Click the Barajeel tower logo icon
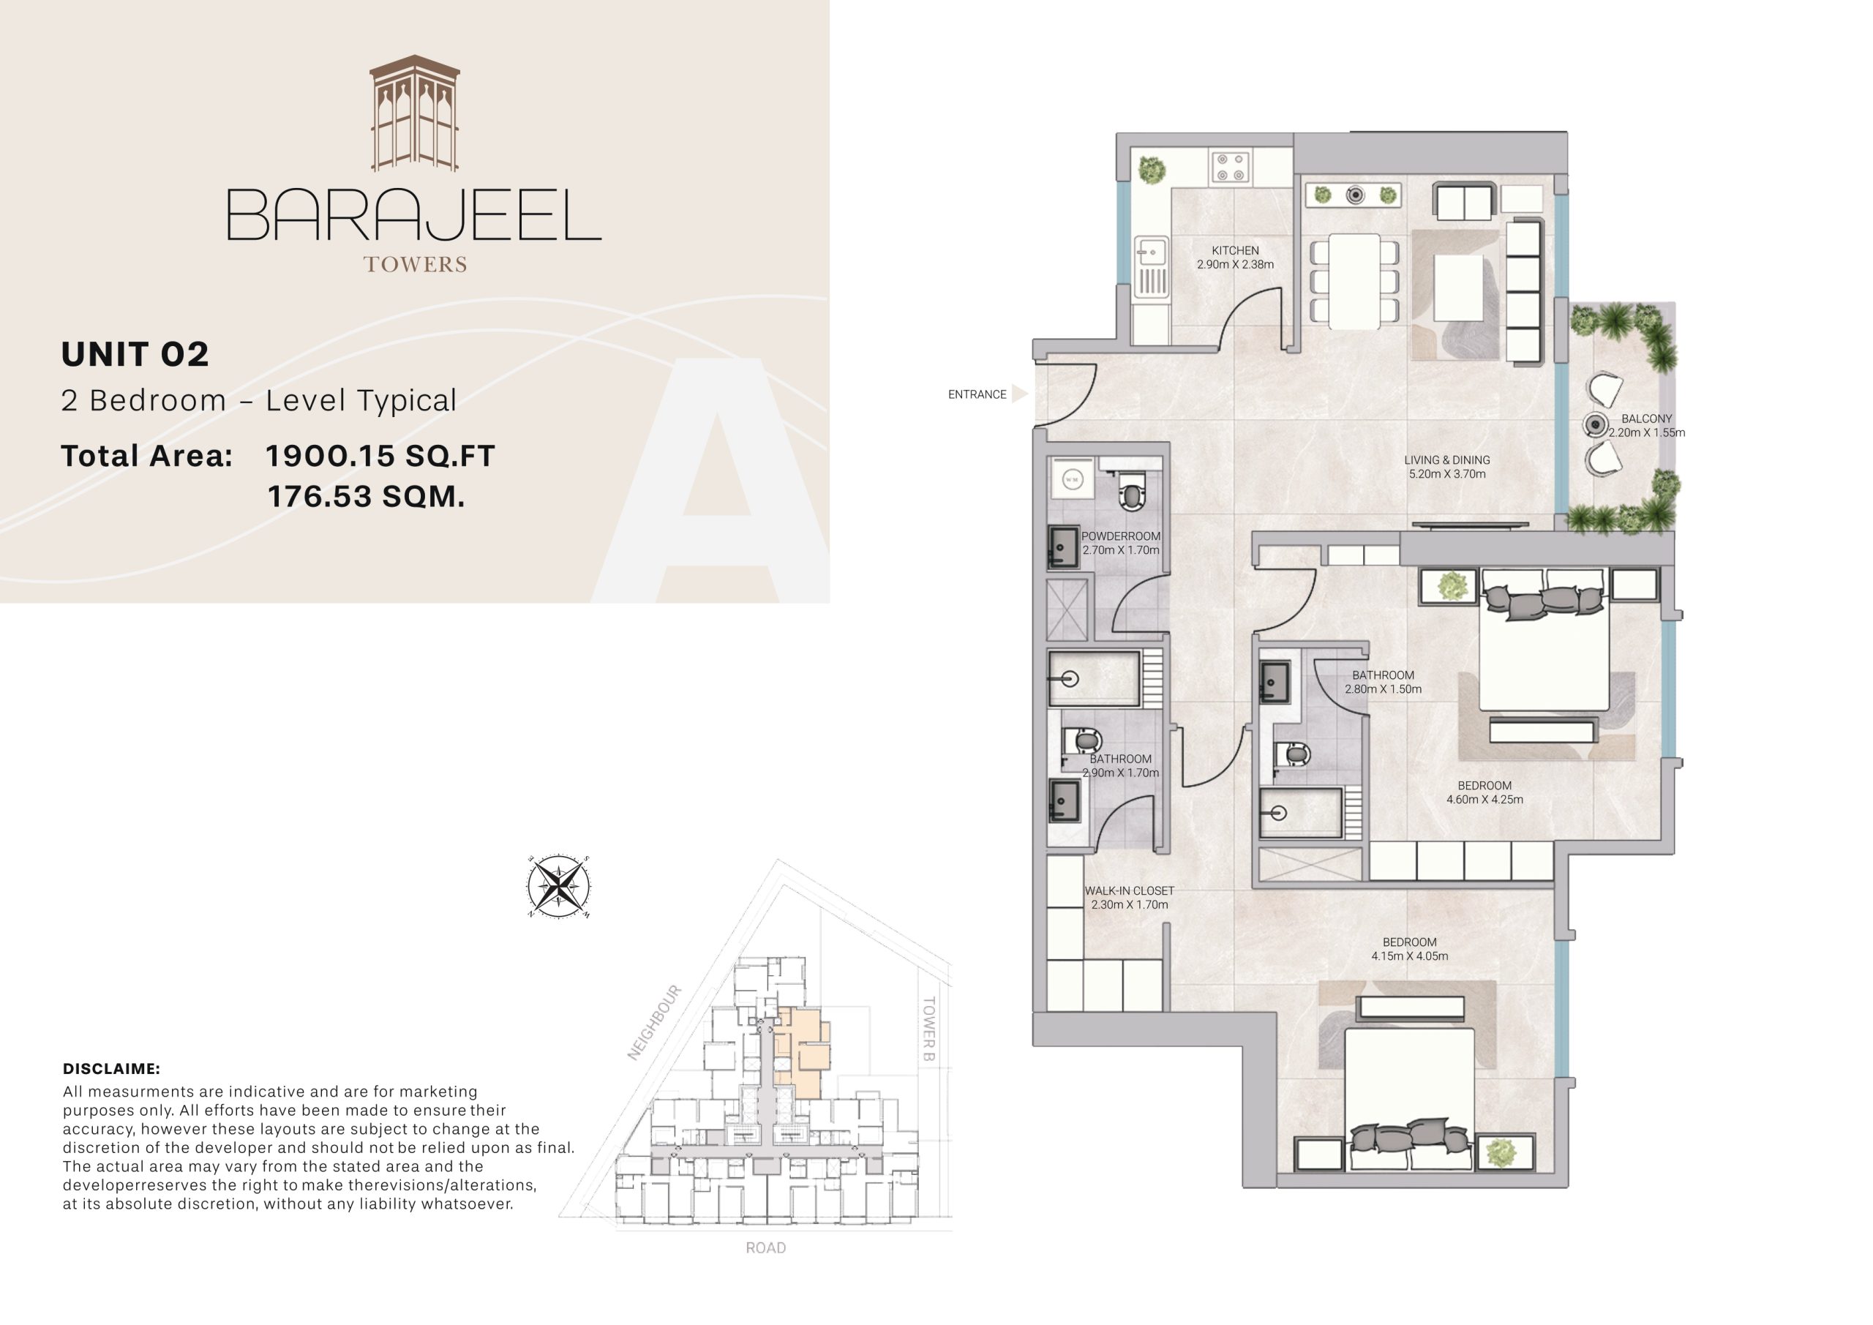coord(414,113)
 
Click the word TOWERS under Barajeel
coord(416,264)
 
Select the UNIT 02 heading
coord(135,354)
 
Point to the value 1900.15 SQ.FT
coord(380,456)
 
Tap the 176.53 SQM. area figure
coord(367,496)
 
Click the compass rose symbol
coord(558,887)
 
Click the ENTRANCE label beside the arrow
coord(977,395)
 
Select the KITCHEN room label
coord(1234,250)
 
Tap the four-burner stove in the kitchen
coord(1229,168)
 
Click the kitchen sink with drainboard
coord(1151,266)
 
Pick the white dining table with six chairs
coord(1354,281)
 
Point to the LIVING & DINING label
coord(1446,460)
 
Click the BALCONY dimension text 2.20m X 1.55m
coord(1646,433)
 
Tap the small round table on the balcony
coord(1595,424)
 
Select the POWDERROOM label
coord(1120,537)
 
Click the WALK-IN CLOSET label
coord(1129,891)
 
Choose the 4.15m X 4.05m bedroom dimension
coord(1409,956)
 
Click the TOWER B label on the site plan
coord(928,1029)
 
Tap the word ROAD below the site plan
coord(765,1247)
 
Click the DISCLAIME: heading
coord(112,1069)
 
